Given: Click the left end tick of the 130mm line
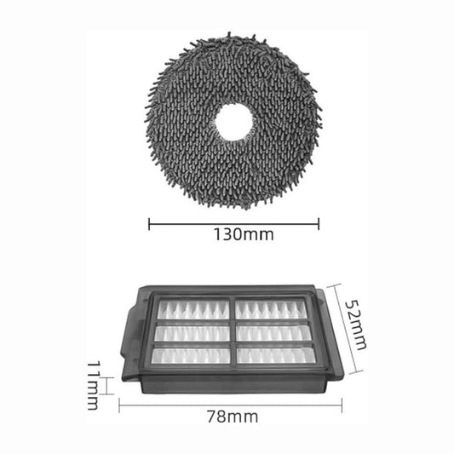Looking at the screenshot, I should (x=149, y=225).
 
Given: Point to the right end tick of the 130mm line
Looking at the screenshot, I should (x=319, y=225).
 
